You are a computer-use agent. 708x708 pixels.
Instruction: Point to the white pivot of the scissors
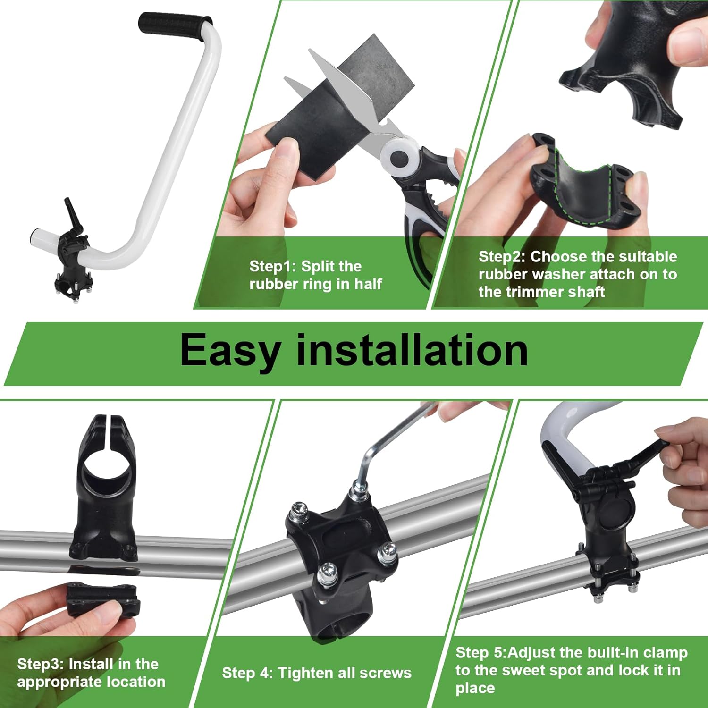tap(399, 156)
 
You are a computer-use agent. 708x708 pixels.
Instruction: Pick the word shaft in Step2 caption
tap(586, 292)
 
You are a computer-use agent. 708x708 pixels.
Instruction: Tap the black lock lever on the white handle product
tap(72, 212)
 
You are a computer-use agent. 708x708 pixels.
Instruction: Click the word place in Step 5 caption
tap(475, 688)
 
